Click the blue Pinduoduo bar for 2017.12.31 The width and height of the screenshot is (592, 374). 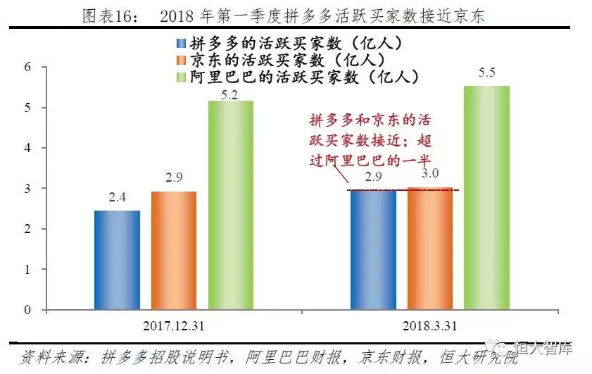[x=118, y=260]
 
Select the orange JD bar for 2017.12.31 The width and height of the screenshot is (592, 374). [x=174, y=250]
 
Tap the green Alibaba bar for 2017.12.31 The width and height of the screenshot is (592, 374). [x=231, y=205]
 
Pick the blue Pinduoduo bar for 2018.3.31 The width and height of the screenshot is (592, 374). [x=373, y=250]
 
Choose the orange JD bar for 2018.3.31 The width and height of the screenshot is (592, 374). [x=429, y=248]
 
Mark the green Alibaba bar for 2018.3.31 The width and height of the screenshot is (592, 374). [x=486, y=198]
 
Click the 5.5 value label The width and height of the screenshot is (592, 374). [x=486, y=74]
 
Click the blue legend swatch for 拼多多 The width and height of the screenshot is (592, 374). [x=182, y=43]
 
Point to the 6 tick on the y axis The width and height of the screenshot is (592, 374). [x=27, y=68]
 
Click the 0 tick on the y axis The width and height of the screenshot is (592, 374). [x=27, y=310]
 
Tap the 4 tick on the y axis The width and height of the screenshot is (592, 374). [x=27, y=149]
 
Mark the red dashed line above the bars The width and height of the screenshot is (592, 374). [x=404, y=190]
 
